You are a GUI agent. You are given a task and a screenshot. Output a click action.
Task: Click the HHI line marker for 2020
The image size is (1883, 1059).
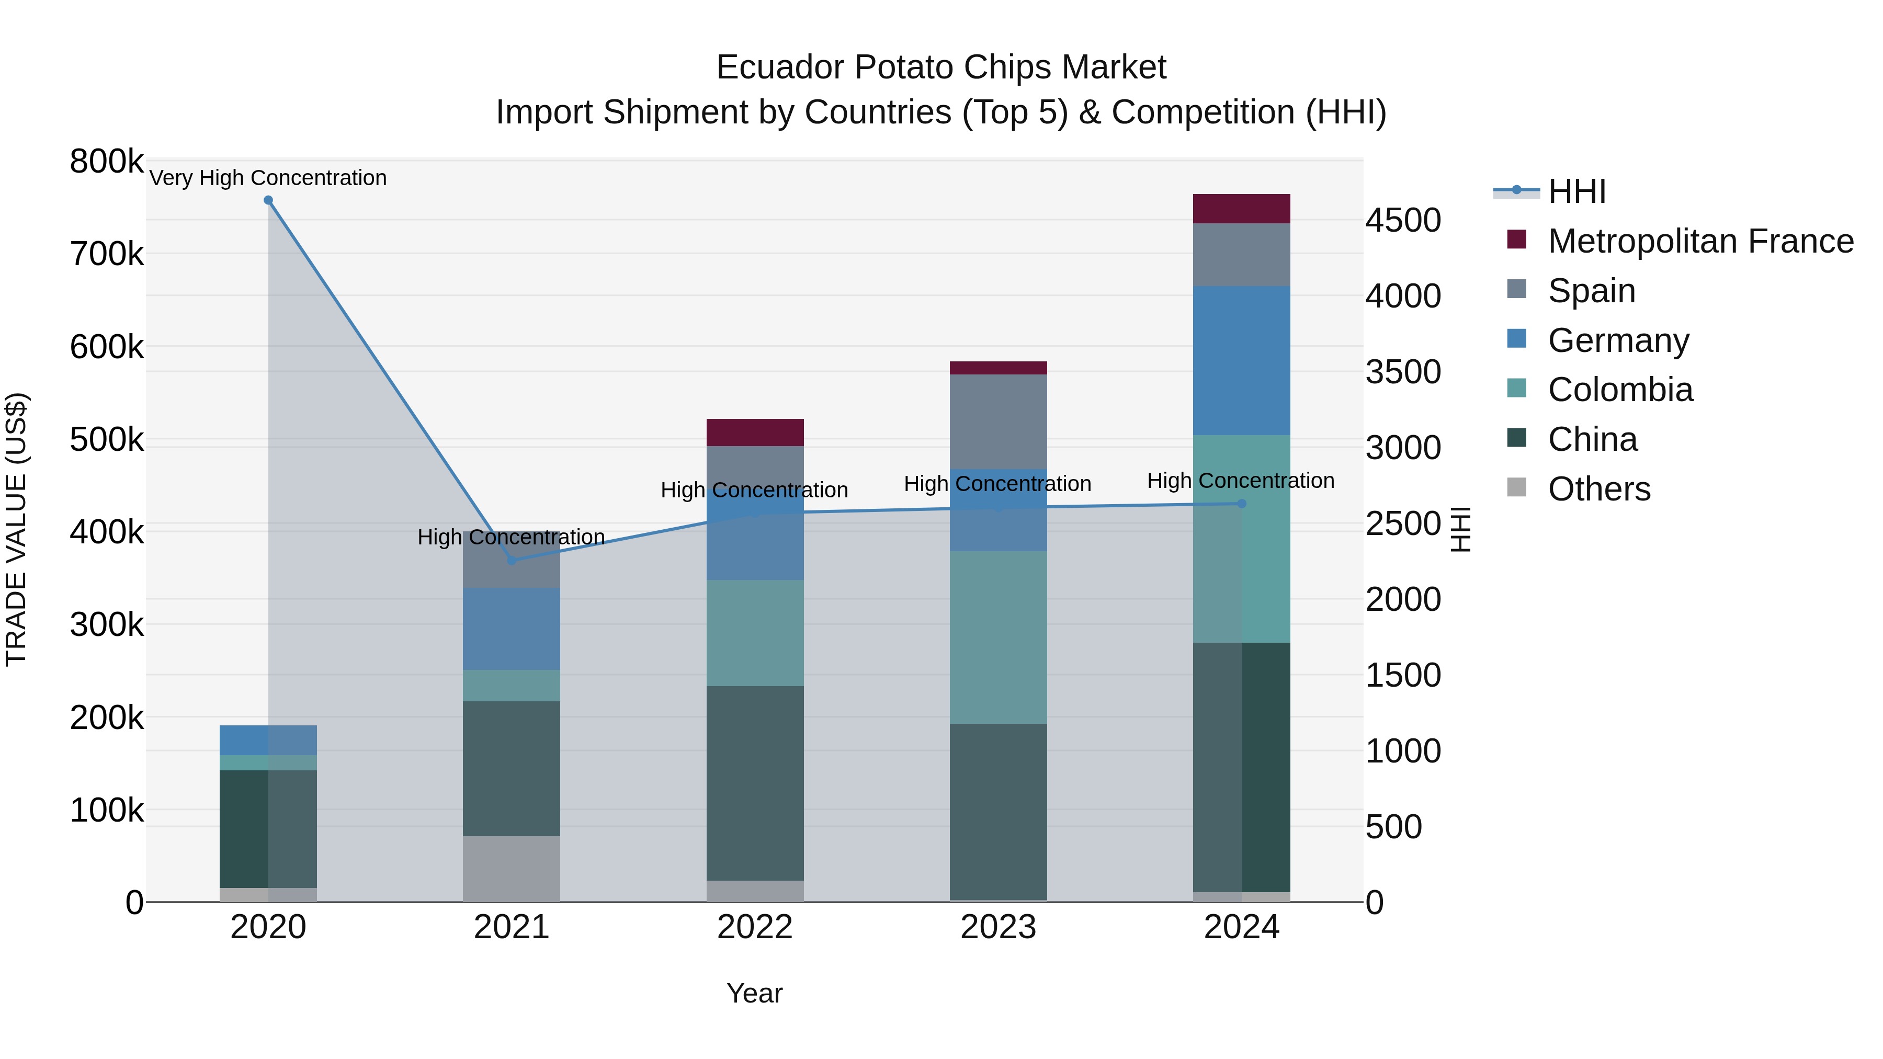(x=268, y=200)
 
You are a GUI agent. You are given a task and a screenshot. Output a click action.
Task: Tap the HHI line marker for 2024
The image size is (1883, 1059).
(x=1241, y=504)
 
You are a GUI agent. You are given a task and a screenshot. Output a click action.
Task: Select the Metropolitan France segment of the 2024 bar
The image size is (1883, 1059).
(x=1241, y=209)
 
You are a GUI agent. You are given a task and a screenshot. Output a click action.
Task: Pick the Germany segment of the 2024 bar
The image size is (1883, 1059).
(x=1241, y=361)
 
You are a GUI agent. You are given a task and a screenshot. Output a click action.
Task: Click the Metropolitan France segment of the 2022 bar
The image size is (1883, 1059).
(x=755, y=432)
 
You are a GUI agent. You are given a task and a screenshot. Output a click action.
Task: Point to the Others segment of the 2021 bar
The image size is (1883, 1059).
(x=512, y=869)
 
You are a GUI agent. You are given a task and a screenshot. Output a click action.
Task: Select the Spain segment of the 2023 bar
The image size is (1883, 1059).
(x=999, y=422)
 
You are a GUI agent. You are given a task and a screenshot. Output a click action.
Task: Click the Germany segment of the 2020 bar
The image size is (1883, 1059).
(x=268, y=741)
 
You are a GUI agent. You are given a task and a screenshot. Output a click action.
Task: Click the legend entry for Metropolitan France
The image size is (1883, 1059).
(x=1700, y=241)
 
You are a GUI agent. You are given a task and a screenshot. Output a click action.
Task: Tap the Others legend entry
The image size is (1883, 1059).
(x=1598, y=489)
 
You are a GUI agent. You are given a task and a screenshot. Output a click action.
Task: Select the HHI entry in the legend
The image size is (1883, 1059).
(x=1576, y=191)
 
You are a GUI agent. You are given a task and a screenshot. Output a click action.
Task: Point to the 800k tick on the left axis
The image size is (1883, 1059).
(x=107, y=162)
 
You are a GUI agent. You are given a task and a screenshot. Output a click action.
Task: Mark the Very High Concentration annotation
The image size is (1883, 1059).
(x=268, y=178)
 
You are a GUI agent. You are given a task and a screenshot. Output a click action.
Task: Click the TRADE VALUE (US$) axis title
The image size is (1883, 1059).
(x=16, y=529)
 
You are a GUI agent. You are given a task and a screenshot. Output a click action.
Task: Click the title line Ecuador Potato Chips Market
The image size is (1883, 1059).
(x=941, y=67)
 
